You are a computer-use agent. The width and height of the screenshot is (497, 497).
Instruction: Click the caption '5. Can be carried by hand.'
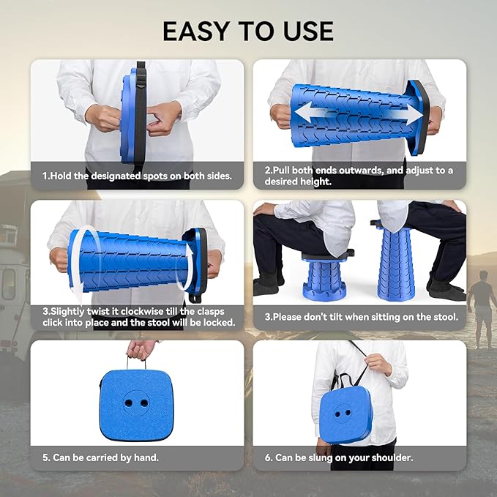100,457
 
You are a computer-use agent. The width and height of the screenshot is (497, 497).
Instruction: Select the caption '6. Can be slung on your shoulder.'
338,457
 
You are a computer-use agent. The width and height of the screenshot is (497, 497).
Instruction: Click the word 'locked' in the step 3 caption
218,322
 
